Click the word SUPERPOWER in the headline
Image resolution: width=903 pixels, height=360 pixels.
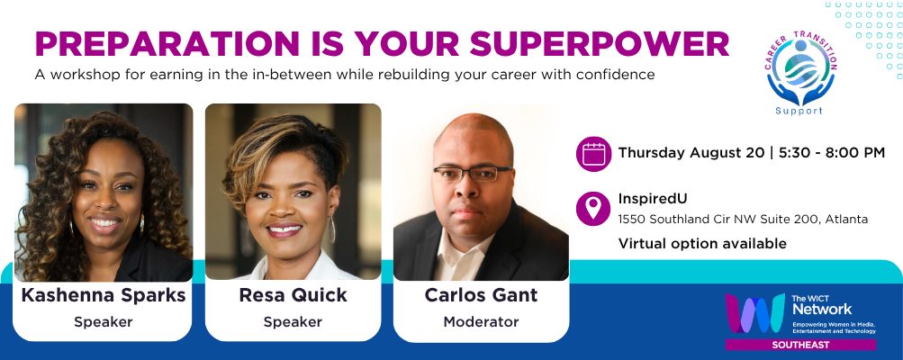pos(600,43)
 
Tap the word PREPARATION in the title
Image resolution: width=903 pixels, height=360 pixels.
pos(167,43)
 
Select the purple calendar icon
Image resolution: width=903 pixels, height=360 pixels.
pos(593,154)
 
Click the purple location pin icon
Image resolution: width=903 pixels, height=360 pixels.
pos(593,209)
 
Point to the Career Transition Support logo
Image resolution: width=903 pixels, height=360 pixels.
pos(800,73)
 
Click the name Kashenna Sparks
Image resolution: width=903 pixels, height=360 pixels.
pos(104,295)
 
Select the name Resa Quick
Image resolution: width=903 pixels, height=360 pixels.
pos(293,295)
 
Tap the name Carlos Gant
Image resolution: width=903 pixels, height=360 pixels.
pos(481,295)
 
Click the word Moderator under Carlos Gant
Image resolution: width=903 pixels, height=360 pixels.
pos(481,322)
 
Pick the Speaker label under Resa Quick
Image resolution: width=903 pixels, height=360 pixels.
pos(293,322)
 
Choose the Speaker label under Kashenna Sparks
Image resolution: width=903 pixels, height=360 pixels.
pos(104,322)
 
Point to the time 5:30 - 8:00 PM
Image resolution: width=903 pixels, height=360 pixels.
pos(832,153)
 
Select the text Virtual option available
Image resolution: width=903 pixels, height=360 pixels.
pos(702,244)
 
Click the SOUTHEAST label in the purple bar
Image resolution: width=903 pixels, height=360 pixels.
pos(800,345)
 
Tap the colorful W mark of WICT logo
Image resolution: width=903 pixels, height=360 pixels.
pos(755,313)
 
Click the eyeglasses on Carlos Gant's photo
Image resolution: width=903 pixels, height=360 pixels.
pos(473,173)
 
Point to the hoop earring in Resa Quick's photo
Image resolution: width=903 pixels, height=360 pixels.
pos(332,229)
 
